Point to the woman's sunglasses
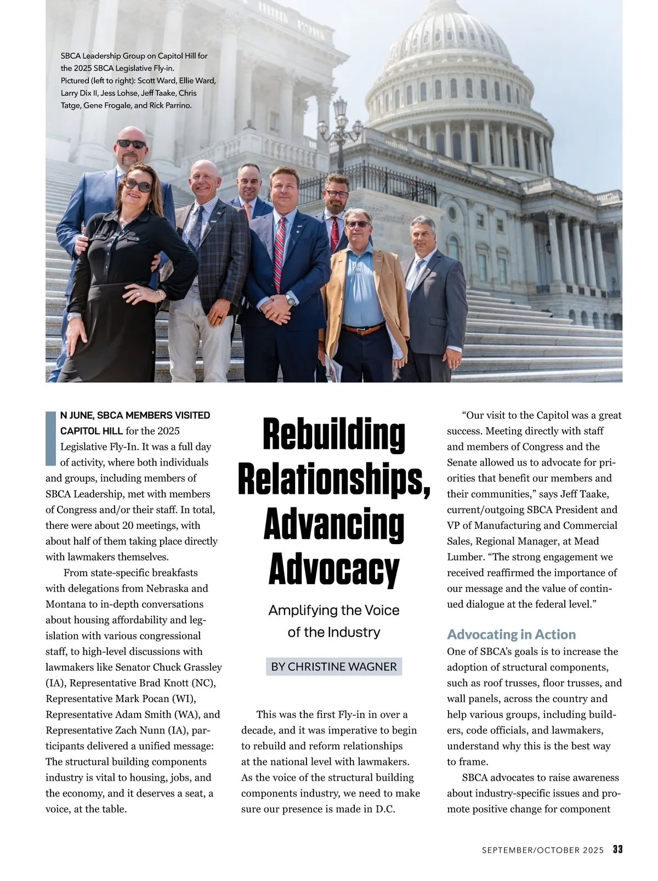(138, 185)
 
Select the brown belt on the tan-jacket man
(362, 329)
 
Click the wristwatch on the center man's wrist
(290, 300)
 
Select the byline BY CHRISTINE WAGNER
(334, 667)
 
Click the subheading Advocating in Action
(511, 634)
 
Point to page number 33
(617, 850)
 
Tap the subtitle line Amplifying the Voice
(334, 610)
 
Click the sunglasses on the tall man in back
(131, 144)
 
